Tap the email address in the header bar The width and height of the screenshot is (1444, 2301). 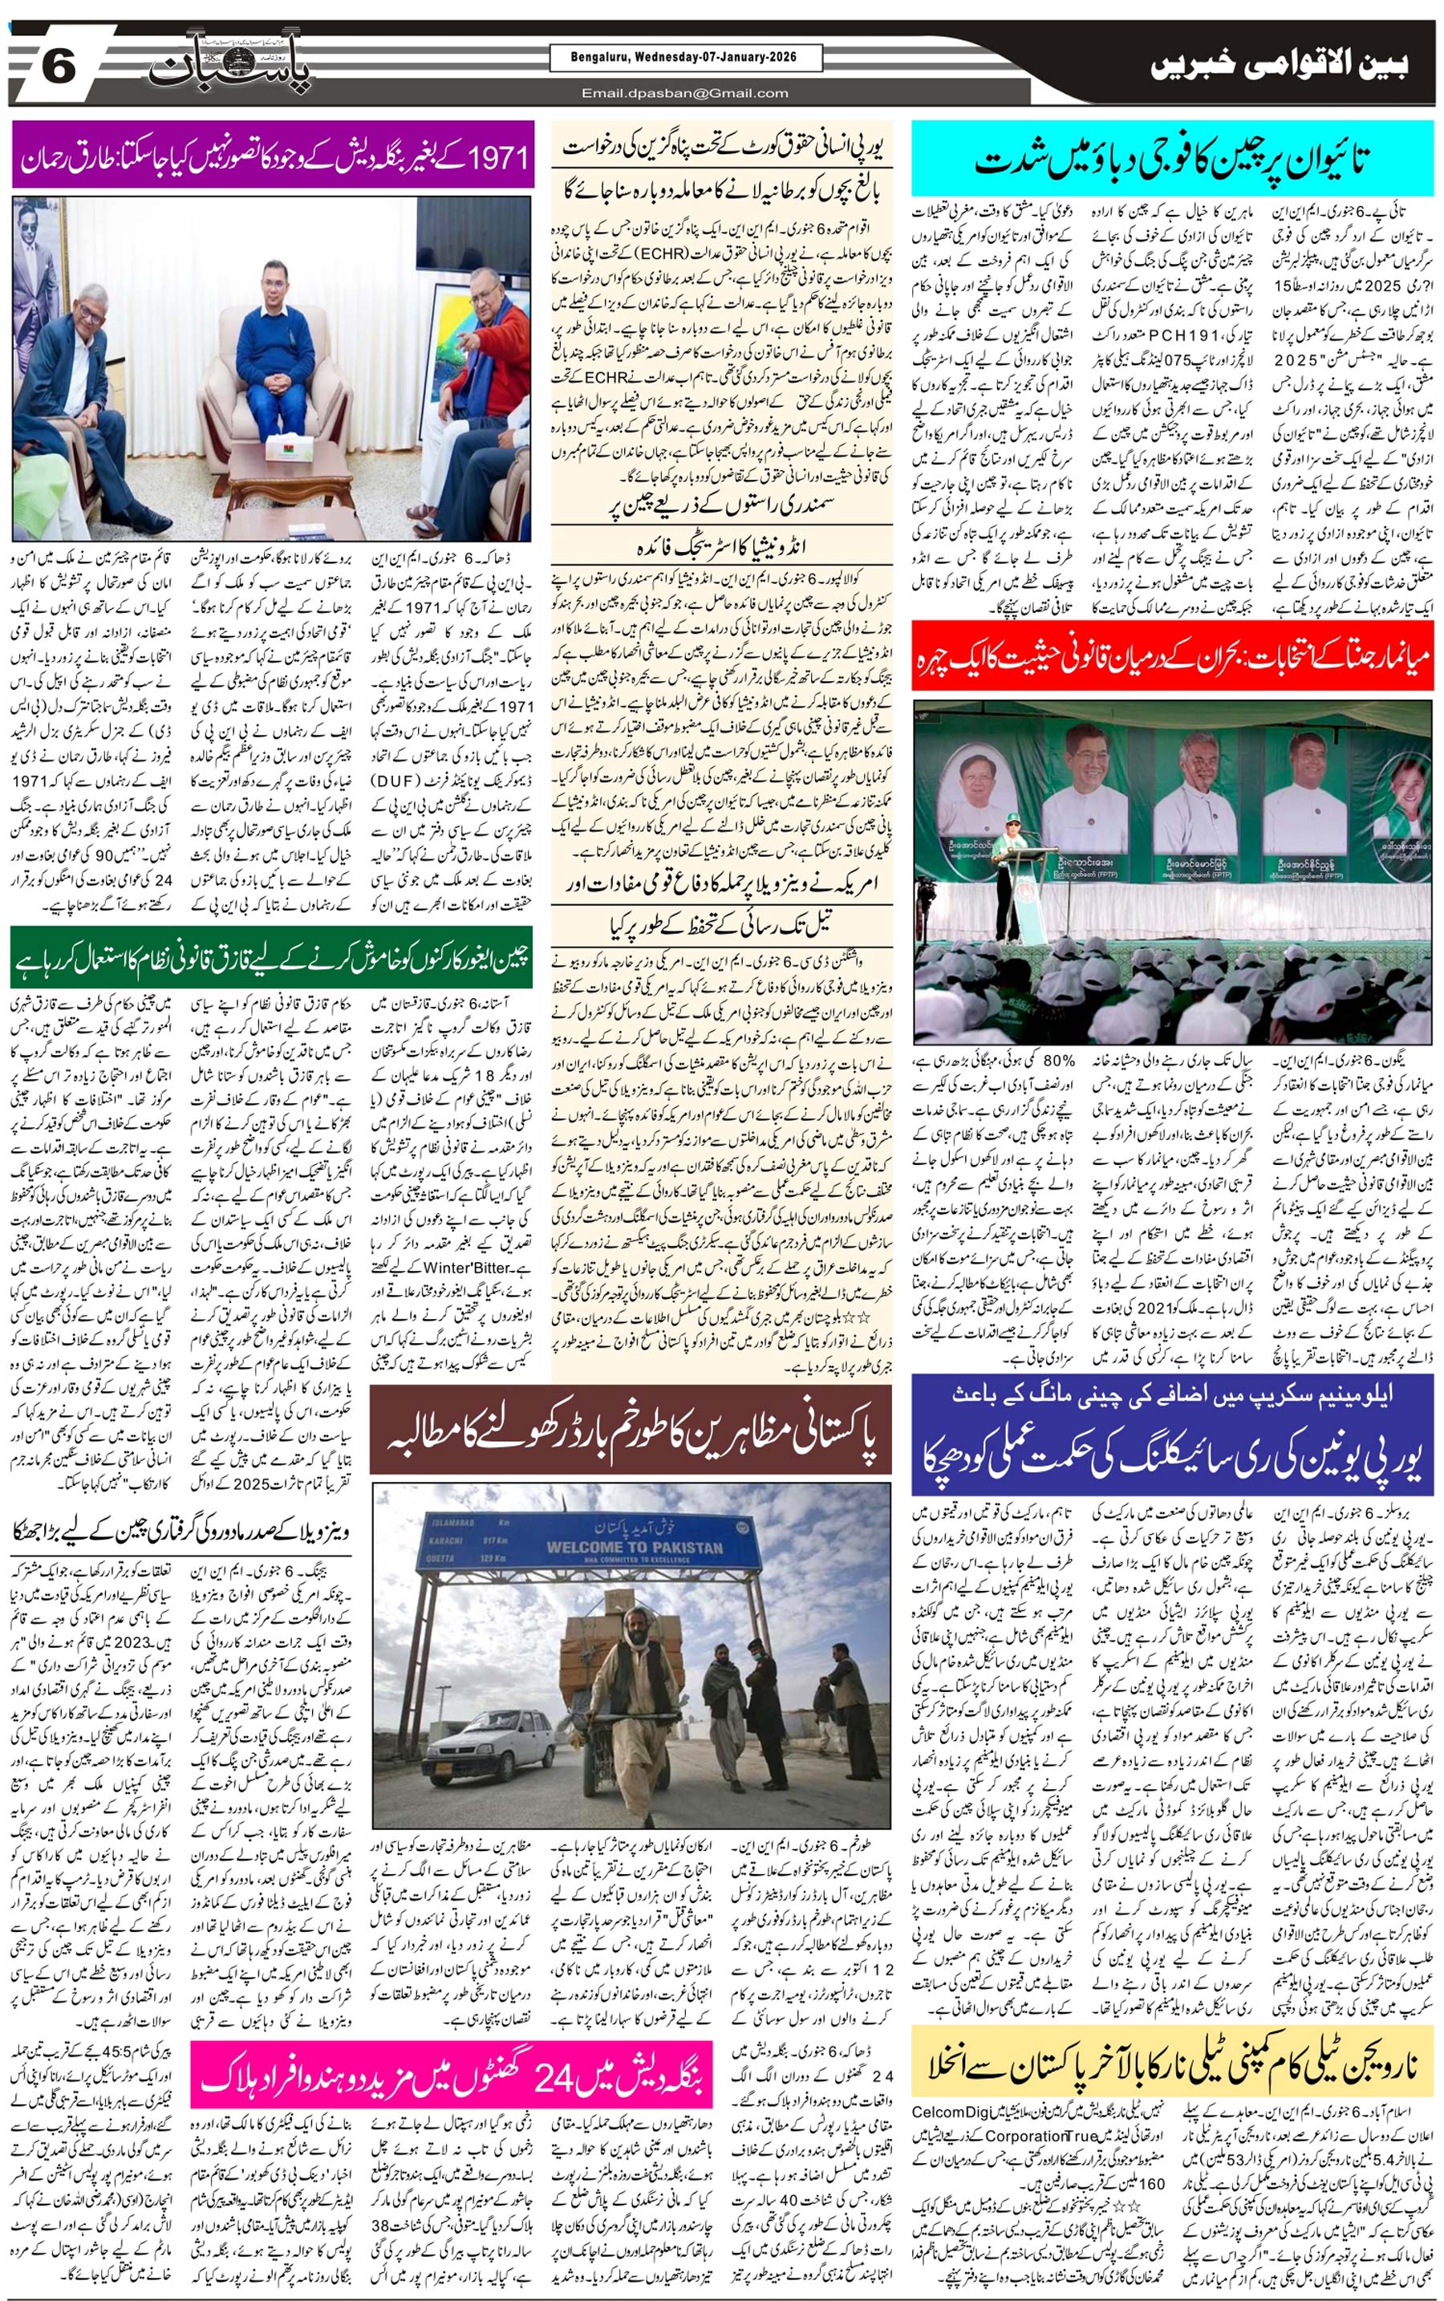point(685,92)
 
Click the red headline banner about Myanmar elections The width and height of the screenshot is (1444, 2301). point(1173,655)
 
